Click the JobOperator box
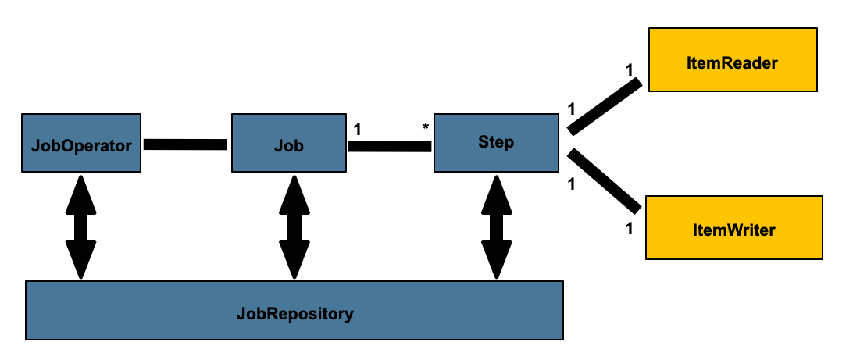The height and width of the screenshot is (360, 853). [x=81, y=144]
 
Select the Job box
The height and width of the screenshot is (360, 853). [x=289, y=144]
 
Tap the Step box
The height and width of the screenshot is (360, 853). [x=495, y=143]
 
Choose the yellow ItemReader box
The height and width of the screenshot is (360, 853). [x=733, y=62]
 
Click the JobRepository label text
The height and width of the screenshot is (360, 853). [x=294, y=315]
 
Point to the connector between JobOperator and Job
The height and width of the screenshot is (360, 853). [x=185, y=144]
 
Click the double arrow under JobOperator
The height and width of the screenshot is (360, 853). [x=80, y=226]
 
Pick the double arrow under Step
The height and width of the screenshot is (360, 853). [x=496, y=226]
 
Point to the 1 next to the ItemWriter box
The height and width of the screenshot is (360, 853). [x=630, y=229]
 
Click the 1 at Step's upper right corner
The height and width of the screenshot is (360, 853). [x=571, y=109]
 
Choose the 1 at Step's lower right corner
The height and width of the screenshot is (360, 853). [x=571, y=185]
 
